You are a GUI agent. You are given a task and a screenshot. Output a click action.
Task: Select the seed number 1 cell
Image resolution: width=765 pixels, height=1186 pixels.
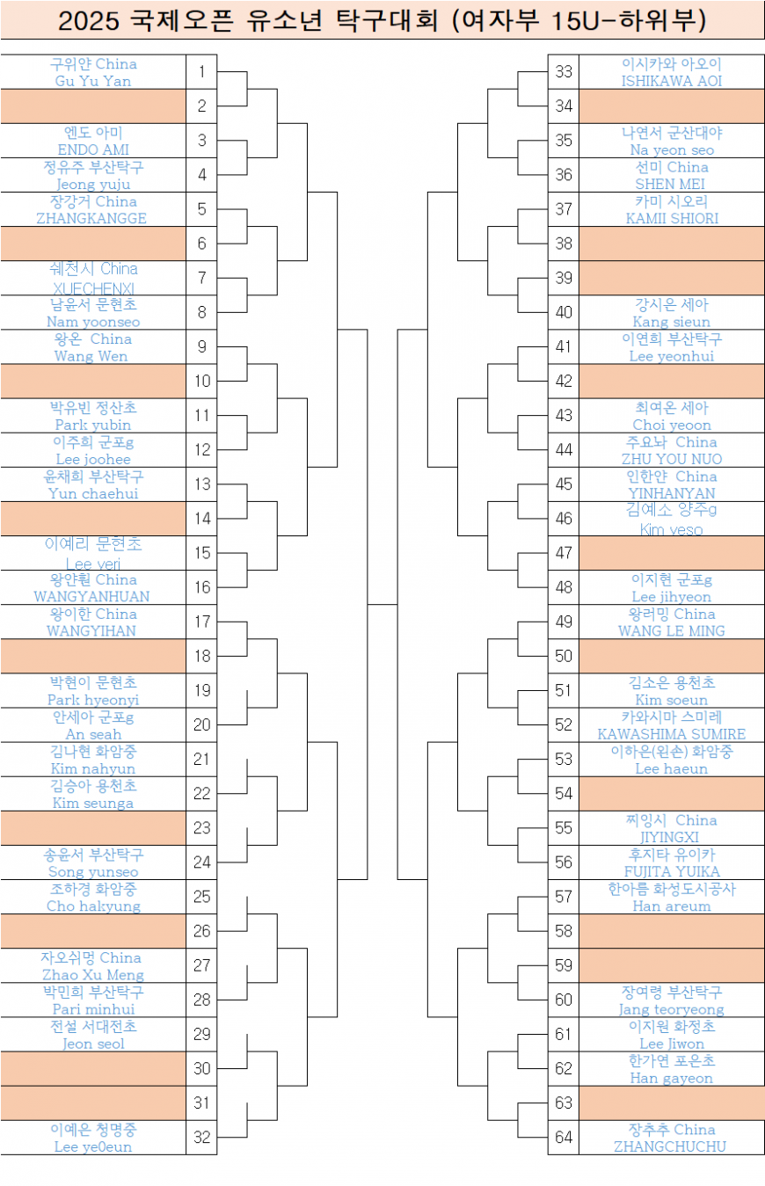click(x=201, y=71)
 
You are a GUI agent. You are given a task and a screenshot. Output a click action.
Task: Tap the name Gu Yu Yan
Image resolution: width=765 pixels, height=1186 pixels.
click(x=93, y=81)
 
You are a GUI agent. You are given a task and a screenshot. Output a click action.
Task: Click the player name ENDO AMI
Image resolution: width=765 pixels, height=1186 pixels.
click(x=93, y=149)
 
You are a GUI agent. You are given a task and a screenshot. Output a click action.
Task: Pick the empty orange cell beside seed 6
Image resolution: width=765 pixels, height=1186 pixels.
click(x=93, y=244)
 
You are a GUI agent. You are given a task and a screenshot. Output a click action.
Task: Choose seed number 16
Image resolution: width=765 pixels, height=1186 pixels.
click(x=201, y=587)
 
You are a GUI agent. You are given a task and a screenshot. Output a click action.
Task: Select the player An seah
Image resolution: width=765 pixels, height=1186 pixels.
click(x=93, y=734)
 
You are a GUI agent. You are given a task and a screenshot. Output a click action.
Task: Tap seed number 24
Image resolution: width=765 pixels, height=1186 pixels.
click(x=201, y=862)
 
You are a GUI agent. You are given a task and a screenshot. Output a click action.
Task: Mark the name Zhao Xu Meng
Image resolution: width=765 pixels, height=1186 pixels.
click(x=93, y=974)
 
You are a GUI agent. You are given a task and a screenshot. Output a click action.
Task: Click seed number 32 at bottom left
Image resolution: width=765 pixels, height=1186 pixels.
click(x=201, y=1137)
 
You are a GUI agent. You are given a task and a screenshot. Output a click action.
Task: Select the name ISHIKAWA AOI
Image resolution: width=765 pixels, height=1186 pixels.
click(x=671, y=81)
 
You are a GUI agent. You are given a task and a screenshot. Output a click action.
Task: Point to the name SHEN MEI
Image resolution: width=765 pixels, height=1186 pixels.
click(x=670, y=184)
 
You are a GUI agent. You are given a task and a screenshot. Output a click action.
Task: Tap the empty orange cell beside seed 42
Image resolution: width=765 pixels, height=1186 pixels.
click(x=671, y=382)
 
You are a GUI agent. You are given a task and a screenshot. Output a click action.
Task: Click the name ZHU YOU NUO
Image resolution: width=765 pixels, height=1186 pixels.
click(x=671, y=459)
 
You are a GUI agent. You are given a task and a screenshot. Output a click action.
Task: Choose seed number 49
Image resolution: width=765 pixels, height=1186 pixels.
click(x=564, y=622)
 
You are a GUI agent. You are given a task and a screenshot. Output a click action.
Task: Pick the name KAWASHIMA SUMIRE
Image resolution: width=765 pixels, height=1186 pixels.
click(x=671, y=734)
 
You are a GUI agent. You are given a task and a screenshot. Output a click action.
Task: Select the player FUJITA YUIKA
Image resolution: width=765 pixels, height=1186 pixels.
click(x=671, y=871)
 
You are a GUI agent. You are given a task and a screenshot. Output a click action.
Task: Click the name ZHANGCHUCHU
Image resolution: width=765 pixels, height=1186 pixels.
click(x=671, y=1146)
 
